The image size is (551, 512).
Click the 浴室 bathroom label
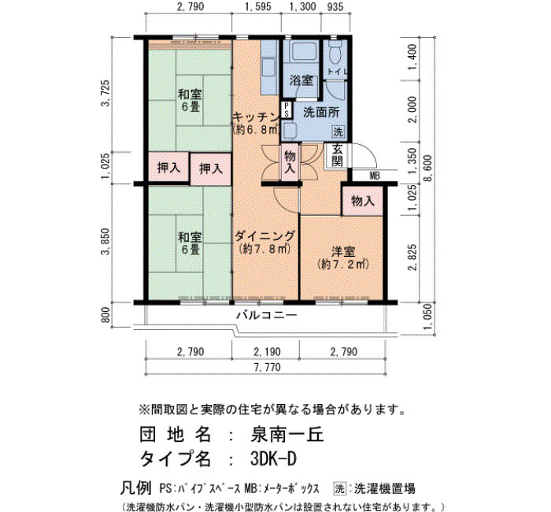point(301,80)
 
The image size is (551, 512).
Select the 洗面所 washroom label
point(321,113)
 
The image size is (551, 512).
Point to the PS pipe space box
point(287,109)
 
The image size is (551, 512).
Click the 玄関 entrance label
point(337,155)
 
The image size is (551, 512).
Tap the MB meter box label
point(375,176)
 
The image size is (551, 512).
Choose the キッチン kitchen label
point(256,116)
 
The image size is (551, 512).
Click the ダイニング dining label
point(264,236)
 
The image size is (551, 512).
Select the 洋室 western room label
point(343,252)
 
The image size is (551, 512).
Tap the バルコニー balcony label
point(267,315)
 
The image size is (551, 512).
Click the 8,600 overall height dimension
point(429,169)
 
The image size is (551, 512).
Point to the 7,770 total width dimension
point(267,368)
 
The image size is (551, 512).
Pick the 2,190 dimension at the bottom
point(267,351)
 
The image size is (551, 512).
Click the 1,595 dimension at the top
point(257,6)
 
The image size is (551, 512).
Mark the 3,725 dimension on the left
point(105,93)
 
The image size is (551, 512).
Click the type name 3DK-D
point(273,458)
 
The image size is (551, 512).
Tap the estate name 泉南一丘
point(287,435)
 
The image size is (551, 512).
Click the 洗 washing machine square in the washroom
point(338,132)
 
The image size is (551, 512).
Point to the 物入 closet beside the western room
point(363,201)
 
